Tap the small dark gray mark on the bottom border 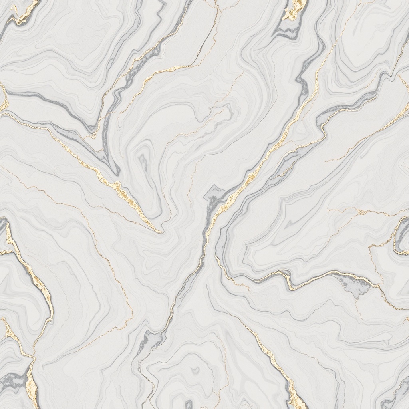(x=188, y=404)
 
